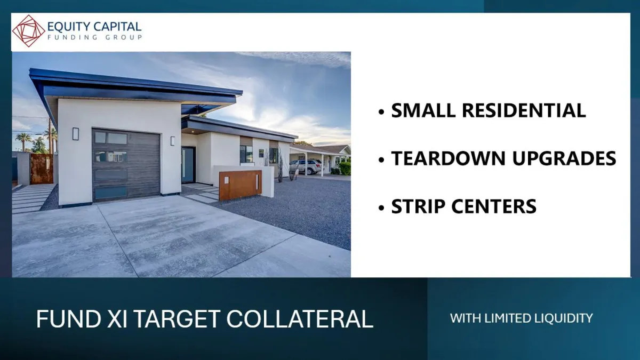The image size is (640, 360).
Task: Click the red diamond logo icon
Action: pyautogui.click(x=29, y=31)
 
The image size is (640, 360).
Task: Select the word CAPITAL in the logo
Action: pyautogui.click(x=117, y=27)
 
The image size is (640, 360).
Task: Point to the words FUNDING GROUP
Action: pyautogui.click(x=94, y=37)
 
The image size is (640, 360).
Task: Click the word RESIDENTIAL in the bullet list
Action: pyautogui.click(x=524, y=110)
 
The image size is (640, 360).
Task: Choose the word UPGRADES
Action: pyautogui.click(x=564, y=158)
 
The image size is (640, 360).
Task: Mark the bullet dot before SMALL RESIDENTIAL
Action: pyautogui.click(x=381, y=111)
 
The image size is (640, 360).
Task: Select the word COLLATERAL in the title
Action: pyautogui.click(x=300, y=319)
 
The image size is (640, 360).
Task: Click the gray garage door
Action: pyautogui.click(x=126, y=165)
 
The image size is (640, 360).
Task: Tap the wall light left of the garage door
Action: pyautogui.click(x=75, y=134)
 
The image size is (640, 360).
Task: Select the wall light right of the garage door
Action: pyautogui.click(x=173, y=141)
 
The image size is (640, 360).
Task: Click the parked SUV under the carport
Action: pyautogui.click(x=306, y=166)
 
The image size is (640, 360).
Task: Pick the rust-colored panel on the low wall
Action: pyautogui.click(x=241, y=185)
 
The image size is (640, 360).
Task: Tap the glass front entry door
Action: pyautogui.click(x=188, y=165)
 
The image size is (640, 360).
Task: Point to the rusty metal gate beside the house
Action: pyautogui.click(x=42, y=169)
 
